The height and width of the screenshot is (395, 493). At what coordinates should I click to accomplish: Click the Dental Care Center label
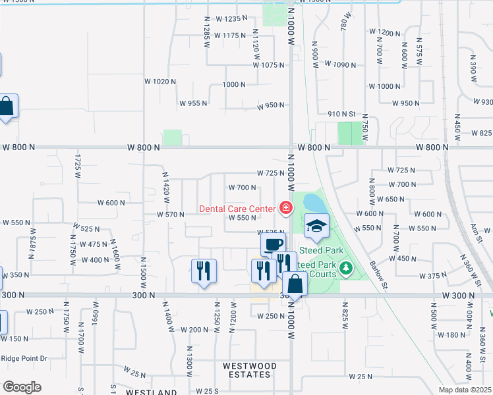pos(237,209)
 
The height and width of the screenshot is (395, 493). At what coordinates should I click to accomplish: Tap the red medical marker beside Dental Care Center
pos(285,209)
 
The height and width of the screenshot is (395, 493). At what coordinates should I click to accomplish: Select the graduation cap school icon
pos(316,226)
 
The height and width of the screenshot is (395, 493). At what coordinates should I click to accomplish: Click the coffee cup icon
pos(272,244)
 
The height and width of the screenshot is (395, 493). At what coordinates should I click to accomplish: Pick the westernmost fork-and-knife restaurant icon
pos(203,270)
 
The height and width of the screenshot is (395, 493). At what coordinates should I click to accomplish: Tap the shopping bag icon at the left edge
pos(7,106)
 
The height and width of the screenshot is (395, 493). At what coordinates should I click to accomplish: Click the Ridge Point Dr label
pos(24,358)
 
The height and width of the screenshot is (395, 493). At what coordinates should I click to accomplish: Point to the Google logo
pos(22,387)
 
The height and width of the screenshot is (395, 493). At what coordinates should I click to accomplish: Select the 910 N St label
pos(342,114)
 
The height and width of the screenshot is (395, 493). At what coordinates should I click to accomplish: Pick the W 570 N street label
pos(170,215)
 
